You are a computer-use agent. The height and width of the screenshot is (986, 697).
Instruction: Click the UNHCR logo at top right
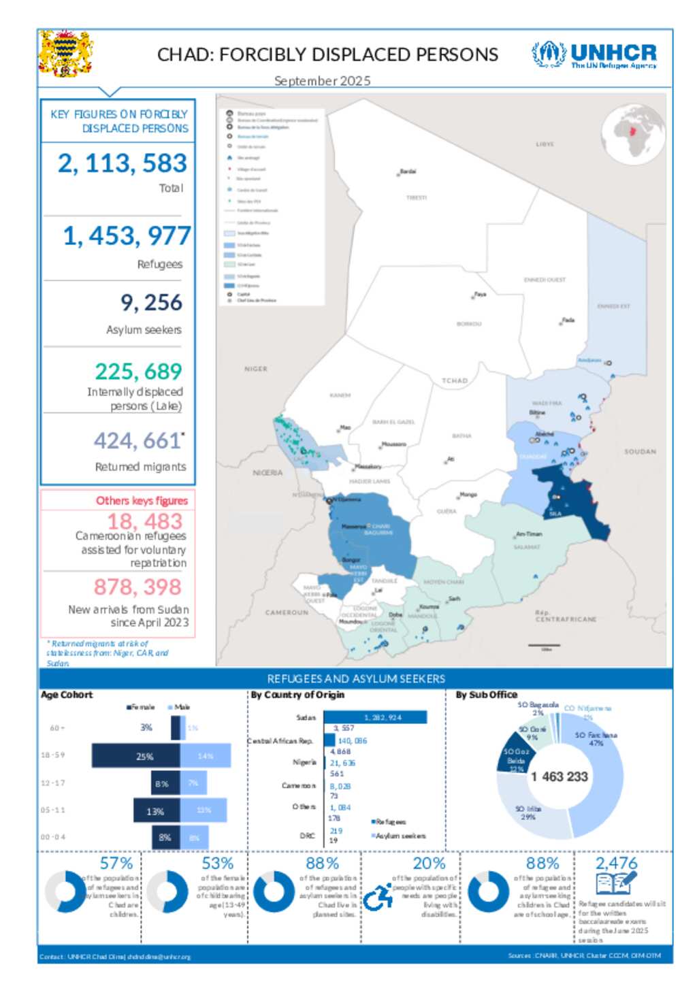[594, 54]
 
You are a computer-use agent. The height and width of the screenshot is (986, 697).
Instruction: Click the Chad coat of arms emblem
[65, 53]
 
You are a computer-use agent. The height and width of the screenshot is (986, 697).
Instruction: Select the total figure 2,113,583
[122, 163]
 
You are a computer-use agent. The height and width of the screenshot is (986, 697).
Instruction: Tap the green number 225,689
[138, 372]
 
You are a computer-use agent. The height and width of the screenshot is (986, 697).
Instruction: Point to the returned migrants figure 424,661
[138, 441]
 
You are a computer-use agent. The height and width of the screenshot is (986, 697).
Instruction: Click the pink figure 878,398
[137, 587]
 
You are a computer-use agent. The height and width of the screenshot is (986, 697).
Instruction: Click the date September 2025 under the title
[322, 81]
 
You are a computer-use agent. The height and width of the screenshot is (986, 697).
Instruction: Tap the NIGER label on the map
[256, 369]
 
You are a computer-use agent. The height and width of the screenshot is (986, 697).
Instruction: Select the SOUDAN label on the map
[640, 451]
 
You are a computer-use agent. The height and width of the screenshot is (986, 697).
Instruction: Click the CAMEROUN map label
[287, 612]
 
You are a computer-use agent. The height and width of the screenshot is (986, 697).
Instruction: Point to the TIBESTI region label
[417, 197]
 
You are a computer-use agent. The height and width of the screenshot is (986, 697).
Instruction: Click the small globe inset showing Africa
[633, 135]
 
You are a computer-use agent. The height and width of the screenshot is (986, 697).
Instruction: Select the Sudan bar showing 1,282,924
[375, 717]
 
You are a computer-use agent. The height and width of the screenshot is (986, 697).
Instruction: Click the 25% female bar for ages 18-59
[136, 756]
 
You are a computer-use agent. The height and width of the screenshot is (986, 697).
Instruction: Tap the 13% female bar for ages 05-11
[157, 811]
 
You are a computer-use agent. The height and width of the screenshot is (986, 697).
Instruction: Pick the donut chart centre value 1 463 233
[560, 776]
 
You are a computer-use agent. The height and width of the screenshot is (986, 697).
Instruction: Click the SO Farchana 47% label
[596, 739]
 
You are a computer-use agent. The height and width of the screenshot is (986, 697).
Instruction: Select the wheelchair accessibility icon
[378, 898]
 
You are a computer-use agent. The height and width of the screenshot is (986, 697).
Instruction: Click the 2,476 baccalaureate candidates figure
[616, 863]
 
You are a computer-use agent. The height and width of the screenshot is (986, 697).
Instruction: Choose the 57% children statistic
[116, 863]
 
